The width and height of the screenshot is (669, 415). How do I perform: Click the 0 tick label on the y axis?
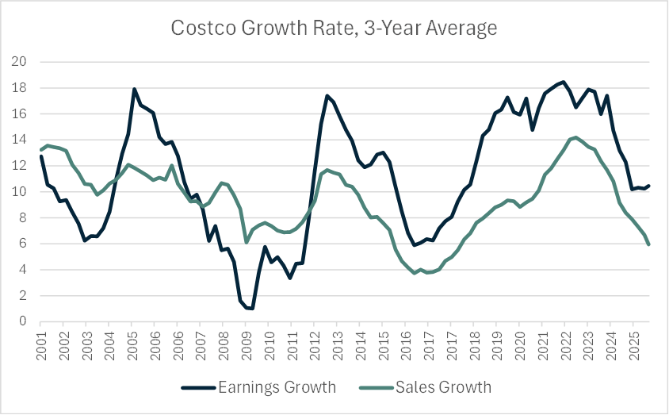(x=23, y=321)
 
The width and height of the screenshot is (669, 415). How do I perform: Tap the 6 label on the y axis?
(x=23, y=244)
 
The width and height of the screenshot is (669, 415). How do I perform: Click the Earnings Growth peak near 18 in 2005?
(x=134, y=89)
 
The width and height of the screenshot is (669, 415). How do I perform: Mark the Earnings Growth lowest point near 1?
(x=251, y=308)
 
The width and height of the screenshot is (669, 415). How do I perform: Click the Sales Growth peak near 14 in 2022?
(x=575, y=137)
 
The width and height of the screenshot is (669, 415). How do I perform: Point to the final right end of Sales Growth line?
(x=650, y=244)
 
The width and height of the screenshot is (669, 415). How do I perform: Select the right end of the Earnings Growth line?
(x=650, y=186)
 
